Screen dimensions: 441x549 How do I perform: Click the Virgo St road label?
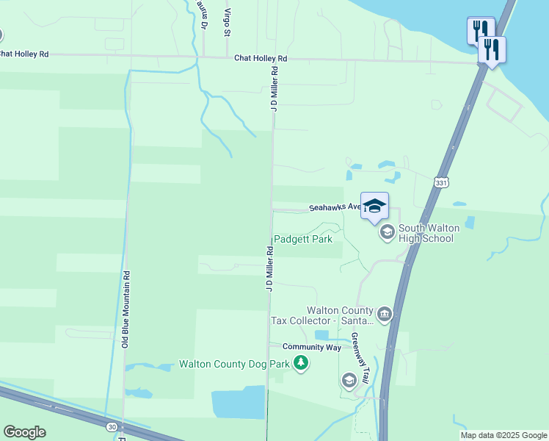click(228, 23)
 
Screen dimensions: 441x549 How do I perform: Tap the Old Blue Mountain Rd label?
click(126, 309)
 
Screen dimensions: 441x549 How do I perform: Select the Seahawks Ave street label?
click(334, 208)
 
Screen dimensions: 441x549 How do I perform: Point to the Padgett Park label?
click(303, 239)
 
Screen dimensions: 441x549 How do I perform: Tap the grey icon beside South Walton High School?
click(386, 233)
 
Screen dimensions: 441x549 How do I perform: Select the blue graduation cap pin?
click(374, 207)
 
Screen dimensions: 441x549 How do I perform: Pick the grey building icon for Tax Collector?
click(385, 315)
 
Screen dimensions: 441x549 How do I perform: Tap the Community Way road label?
click(312, 346)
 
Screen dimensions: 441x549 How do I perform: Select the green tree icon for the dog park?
click(299, 363)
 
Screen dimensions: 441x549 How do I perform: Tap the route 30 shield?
click(111, 426)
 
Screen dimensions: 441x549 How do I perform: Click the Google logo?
click(24, 431)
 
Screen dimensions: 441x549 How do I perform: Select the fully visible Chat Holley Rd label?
click(261, 58)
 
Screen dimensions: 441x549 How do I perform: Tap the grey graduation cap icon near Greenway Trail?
click(349, 380)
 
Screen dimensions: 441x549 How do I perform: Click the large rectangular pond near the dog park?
click(239, 402)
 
